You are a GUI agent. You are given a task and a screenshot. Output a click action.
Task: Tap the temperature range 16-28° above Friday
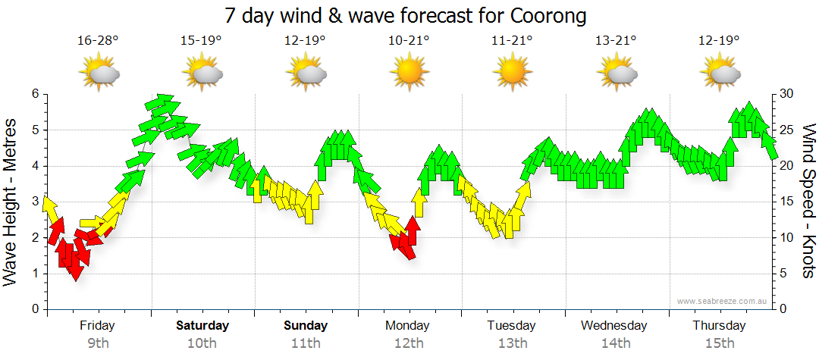[x=98, y=41]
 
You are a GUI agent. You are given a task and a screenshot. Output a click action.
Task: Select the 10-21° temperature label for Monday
[x=408, y=41]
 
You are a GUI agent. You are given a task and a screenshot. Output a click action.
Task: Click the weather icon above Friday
[x=99, y=74]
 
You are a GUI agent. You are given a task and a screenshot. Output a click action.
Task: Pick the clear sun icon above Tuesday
[x=512, y=73]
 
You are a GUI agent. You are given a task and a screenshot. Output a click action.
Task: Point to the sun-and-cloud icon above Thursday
[x=719, y=74]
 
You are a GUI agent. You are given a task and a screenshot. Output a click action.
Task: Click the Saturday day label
[x=202, y=326]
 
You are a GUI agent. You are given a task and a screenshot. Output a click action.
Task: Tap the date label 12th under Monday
[x=408, y=343]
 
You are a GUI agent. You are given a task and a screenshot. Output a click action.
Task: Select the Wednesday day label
[x=614, y=326]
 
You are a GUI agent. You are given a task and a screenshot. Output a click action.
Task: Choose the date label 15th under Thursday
[x=719, y=343]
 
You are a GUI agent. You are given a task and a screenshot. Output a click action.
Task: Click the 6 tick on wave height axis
[x=34, y=94]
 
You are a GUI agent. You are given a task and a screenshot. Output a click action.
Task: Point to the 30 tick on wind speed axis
[x=789, y=94]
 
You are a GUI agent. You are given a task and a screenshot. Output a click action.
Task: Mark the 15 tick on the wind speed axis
[x=789, y=202]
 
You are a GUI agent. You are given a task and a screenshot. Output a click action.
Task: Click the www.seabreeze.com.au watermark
[x=723, y=302]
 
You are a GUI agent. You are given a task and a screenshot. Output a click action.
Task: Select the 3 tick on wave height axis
[x=34, y=202]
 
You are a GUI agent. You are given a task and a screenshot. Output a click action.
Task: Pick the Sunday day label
[x=306, y=326]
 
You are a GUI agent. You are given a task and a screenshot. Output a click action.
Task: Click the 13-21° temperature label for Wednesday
[x=615, y=41]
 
